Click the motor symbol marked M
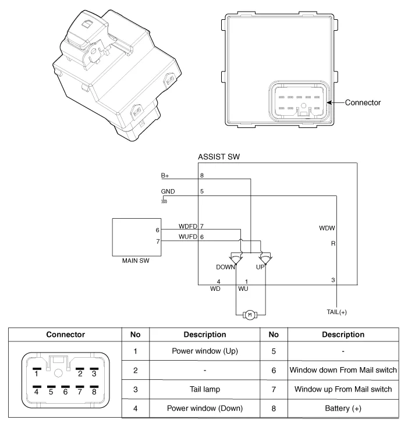250,315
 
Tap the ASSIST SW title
219,157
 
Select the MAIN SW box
137,237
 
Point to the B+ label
165,176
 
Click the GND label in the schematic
168,191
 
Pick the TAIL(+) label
336,312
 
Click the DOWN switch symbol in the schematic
236,258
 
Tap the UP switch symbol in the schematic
265,258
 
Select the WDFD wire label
187,226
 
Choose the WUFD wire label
187,237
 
